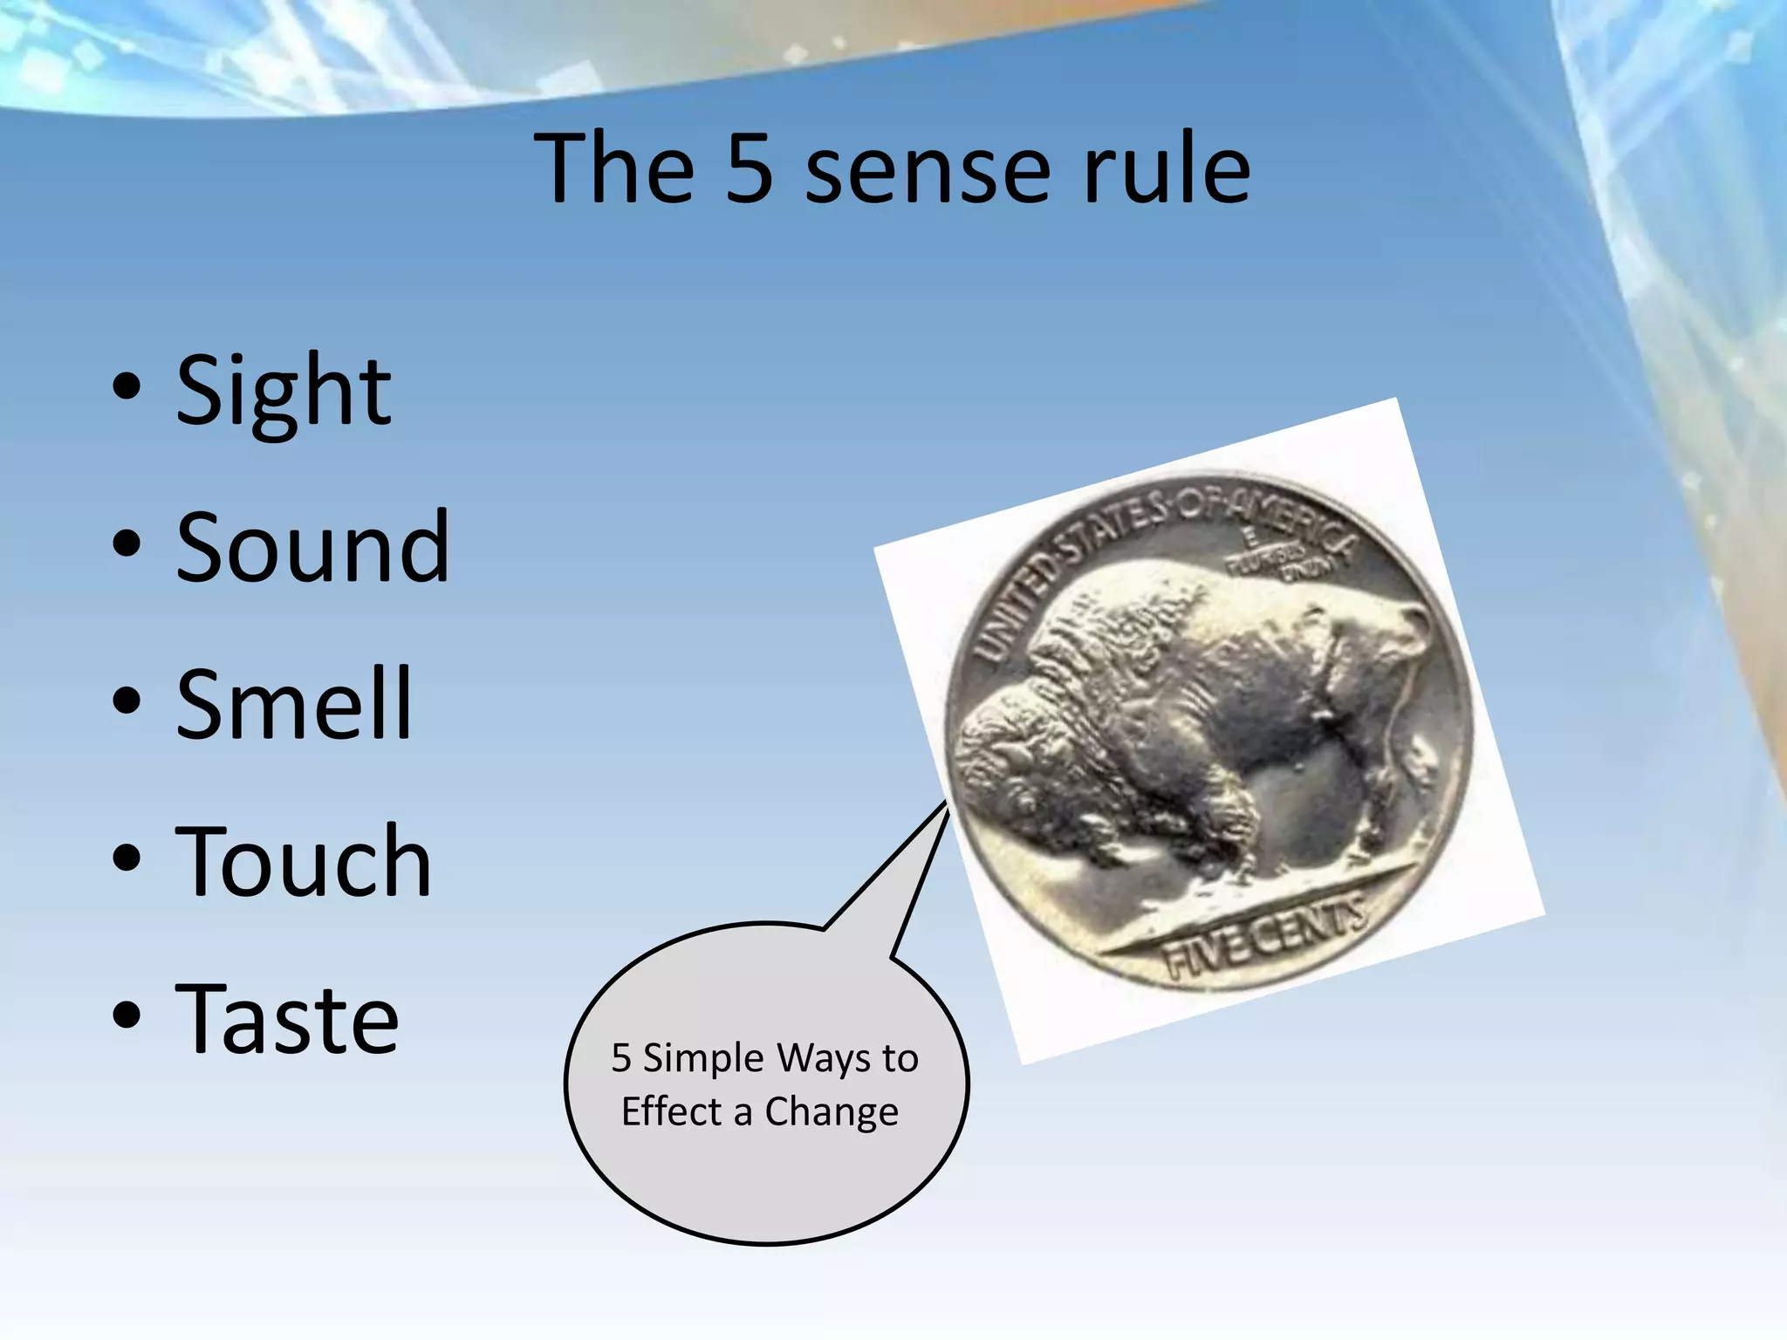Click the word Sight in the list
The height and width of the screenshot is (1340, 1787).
(x=284, y=393)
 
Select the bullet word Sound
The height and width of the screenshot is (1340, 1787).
(x=312, y=548)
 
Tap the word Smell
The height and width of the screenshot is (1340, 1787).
(x=293, y=704)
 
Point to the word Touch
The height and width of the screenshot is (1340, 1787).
(x=304, y=862)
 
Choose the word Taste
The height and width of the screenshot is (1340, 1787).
(x=287, y=1018)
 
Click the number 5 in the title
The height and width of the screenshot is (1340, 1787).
(x=750, y=168)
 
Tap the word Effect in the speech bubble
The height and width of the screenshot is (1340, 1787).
(x=671, y=1111)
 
